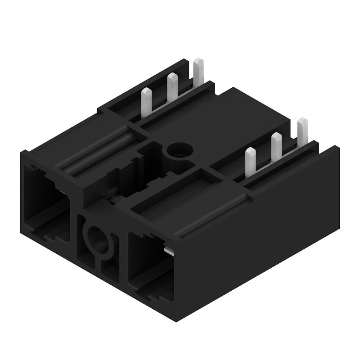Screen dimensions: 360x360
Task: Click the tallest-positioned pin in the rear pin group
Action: coord(198,72)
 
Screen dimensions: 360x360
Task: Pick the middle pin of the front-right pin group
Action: coord(276,146)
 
